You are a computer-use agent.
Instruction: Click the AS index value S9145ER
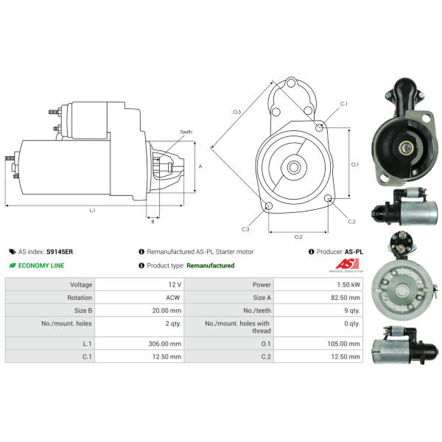[x=60, y=252]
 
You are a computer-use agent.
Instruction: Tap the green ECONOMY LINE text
[x=41, y=265]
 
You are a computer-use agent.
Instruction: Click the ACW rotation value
[x=173, y=298]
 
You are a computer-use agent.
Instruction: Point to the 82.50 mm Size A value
[x=345, y=298]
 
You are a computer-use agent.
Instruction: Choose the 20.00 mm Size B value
[x=166, y=311]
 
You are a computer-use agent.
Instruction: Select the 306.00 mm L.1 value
[x=165, y=344]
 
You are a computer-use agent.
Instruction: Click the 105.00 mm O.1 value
[x=343, y=344]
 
